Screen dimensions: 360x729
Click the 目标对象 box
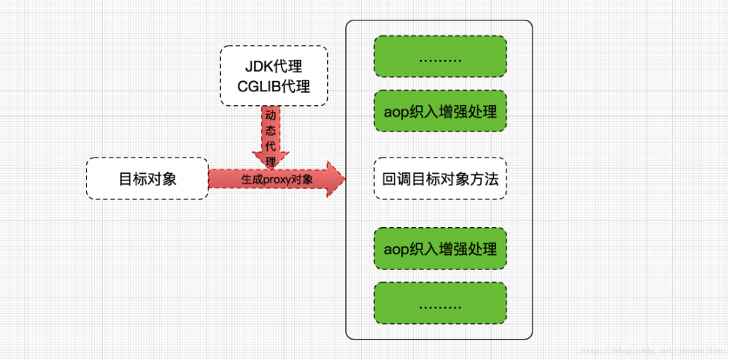tap(147, 178)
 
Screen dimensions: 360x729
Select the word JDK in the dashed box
tap(257, 68)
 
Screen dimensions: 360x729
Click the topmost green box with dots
tap(440, 56)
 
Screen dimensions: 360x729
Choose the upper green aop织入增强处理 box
tap(440, 112)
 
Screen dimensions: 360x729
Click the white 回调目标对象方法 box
tap(440, 178)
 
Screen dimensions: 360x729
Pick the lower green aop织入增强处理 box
tap(440, 248)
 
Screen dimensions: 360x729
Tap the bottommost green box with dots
tap(440, 304)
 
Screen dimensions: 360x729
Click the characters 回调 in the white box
tap(395, 178)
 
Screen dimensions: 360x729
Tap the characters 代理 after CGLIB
tap(298, 87)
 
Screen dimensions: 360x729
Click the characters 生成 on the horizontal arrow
tap(252, 179)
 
